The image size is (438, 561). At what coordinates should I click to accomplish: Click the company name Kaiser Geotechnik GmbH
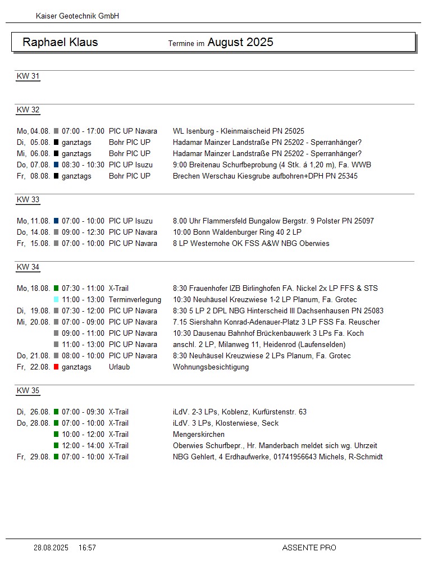click(77, 16)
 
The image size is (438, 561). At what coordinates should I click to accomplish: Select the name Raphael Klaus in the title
click(60, 42)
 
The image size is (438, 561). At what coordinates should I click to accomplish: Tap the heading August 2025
click(240, 42)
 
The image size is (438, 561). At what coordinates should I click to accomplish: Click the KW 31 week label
click(28, 76)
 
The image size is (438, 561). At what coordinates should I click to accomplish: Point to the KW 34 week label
click(28, 267)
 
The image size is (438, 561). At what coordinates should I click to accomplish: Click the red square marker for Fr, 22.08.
click(56, 367)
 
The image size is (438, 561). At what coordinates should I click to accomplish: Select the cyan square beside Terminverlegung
click(56, 300)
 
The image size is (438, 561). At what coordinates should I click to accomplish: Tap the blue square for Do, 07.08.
click(56, 165)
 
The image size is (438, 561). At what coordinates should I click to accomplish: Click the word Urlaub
click(119, 367)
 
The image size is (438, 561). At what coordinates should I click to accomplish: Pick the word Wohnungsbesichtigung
click(211, 367)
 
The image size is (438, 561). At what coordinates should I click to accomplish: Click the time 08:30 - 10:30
click(83, 165)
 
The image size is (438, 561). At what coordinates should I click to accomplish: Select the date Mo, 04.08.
click(34, 131)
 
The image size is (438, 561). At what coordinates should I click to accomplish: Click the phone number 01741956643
click(295, 457)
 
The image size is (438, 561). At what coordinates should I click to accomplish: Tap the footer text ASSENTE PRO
click(309, 548)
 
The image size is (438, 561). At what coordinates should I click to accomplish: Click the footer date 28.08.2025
click(51, 548)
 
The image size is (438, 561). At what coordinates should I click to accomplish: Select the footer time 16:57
click(87, 548)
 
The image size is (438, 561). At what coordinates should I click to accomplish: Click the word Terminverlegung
click(135, 300)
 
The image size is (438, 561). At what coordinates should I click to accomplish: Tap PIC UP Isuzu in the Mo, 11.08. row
click(131, 221)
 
